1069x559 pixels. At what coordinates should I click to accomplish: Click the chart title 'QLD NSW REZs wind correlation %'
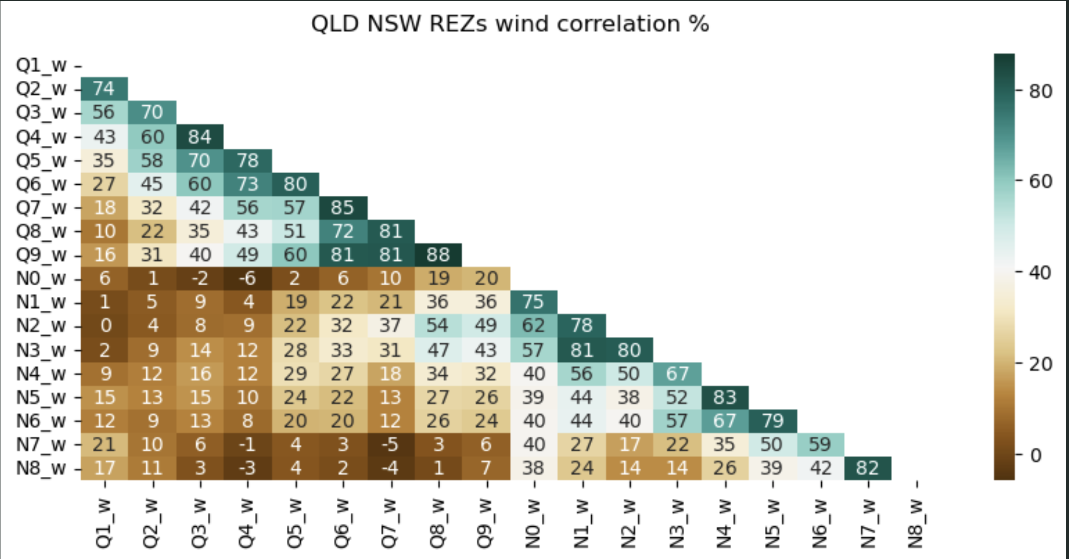coord(510,24)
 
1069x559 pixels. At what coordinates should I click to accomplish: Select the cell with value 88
coord(438,254)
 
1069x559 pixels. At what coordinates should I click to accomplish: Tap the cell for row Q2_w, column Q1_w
coord(104,89)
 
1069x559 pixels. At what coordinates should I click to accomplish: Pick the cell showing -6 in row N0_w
coord(247,278)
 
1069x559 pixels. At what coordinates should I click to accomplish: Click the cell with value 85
coord(343,207)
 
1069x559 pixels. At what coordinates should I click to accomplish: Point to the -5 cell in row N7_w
coord(390,444)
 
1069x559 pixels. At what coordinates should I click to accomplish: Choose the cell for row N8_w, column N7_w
coord(867,468)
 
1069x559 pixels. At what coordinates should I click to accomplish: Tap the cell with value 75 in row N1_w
coord(533,302)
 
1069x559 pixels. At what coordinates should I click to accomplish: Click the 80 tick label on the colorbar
coord(1041,91)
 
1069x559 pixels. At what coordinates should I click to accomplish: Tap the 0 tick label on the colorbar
coord(1036,455)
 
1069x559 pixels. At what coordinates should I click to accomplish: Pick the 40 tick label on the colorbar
coord(1041,273)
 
